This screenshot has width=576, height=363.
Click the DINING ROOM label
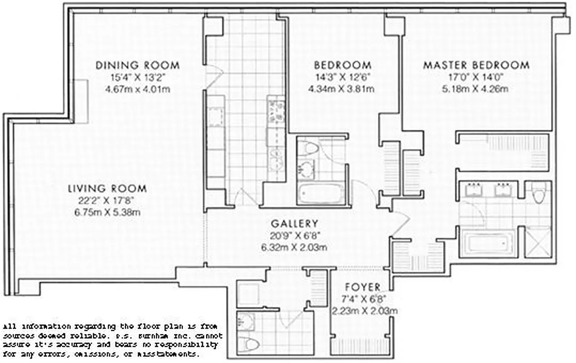point(137,65)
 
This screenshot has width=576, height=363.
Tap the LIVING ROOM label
point(107,188)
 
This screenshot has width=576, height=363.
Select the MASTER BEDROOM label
point(476,65)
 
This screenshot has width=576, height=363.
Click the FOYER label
point(362,287)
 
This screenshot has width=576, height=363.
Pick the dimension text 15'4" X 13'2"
point(137,77)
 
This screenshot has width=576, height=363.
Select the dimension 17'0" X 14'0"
point(476,77)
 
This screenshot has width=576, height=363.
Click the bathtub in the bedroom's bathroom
point(321,193)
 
